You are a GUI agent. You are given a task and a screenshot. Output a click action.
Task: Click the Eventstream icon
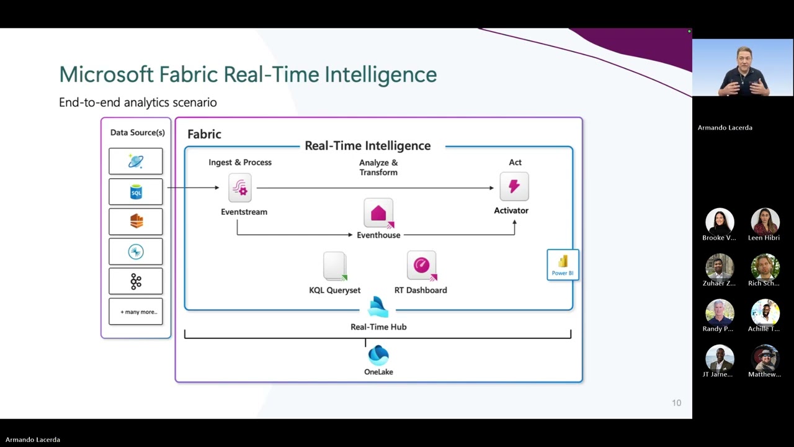240,187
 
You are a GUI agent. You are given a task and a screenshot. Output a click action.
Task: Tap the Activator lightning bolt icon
514,186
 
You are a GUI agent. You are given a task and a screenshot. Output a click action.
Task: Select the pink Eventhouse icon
378,214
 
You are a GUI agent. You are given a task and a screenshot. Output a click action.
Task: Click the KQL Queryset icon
335,266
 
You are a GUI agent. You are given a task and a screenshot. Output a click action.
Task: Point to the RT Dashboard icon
421,266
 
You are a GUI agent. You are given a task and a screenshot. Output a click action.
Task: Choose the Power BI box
563,264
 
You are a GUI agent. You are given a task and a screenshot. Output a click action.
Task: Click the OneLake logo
378,356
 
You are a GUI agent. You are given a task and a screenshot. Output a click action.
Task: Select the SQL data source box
136,192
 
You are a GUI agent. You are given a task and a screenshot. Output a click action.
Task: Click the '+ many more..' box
136,312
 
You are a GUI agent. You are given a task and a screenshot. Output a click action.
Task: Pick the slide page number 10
676,403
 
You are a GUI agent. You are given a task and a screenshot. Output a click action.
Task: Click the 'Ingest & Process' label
240,162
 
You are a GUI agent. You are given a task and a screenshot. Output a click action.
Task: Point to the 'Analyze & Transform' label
378,168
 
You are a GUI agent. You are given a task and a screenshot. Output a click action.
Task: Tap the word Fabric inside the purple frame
204,134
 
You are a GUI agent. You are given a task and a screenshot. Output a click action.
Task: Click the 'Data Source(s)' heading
137,132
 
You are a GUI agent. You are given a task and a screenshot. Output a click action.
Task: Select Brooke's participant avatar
720,222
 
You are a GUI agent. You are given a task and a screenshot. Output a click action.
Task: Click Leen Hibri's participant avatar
765,222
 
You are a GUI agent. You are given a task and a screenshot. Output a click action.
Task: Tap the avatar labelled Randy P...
720,313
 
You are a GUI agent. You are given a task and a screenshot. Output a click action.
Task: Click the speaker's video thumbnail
743,68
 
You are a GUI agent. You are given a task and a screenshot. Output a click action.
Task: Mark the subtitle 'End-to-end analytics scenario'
138,102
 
